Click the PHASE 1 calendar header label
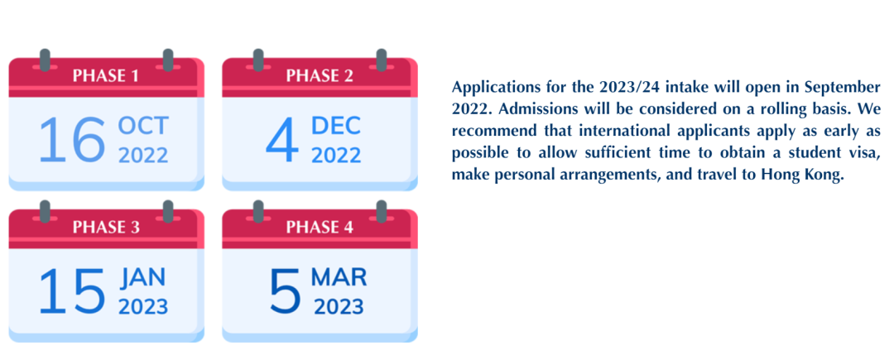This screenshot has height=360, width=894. (105, 75)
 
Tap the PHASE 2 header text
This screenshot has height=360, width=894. (320, 75)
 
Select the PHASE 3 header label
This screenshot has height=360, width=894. (106, 227)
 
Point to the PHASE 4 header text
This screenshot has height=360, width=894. (320, 227)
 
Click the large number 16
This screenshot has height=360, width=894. (72, 140)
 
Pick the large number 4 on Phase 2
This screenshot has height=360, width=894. (282, 140)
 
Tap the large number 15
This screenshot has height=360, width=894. (72, 291)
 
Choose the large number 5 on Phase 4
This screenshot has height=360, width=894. (285, 291)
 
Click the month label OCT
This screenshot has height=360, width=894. (143, 126)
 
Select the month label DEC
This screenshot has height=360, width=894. (336, 126)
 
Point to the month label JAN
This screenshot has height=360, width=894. (142, 277)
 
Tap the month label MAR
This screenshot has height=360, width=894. (339, 277)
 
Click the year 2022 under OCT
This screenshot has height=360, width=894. (143, 155)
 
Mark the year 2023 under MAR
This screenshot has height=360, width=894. (339, 306)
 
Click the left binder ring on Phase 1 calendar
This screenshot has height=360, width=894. (45, 60)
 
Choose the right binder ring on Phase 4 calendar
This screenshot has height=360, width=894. (382, 211)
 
